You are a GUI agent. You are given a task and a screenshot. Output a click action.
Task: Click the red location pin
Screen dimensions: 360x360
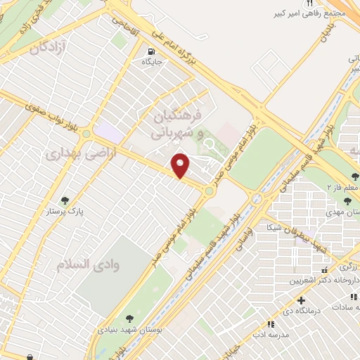click(x=181, y=165)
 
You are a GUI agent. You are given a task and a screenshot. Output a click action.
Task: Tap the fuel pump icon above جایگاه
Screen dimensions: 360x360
click(x=151, y=51)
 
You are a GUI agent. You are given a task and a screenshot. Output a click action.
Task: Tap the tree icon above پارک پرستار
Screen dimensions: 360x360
click(x=65, y=200)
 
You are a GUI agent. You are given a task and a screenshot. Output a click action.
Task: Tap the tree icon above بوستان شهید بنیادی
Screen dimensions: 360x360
click(x=129, y=318)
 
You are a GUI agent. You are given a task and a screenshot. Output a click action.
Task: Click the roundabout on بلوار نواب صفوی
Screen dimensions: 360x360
click(x=86, y=133)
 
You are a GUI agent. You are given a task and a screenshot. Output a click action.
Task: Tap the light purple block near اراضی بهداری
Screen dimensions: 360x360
click(x=108, y=131)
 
